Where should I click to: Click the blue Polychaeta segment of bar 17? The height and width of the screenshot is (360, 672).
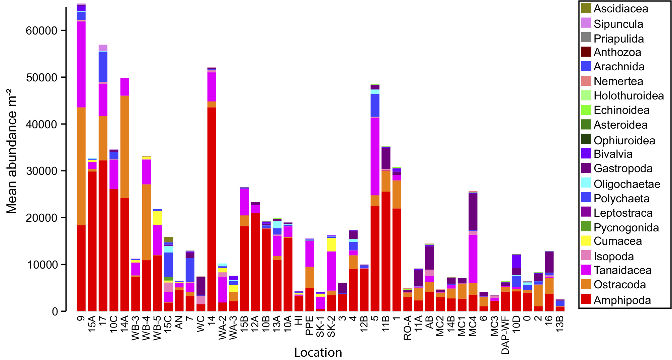(x=103, y=67)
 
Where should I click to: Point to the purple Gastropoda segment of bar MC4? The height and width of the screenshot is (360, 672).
(x=473, y=211)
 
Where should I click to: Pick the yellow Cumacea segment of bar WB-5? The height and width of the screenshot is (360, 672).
(x=157, y=218)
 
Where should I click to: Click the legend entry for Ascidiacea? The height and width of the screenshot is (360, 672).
(x=621, y=9)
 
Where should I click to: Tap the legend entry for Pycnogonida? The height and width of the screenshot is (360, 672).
(x=626, y=228)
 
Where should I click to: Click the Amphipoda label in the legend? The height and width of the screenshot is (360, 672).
(x=622, y=300)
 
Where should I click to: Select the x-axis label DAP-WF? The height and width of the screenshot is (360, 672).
(x=505, y=335)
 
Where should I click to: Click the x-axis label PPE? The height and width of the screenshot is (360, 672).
(x=310, y=326)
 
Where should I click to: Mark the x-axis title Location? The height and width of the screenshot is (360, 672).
(x=318, y=352)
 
